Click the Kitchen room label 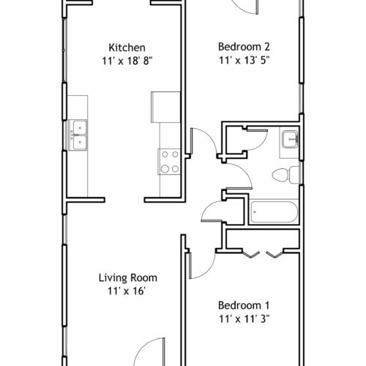[x=127, y=48]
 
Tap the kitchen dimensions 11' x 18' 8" [x=127, y=61]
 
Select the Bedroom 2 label [x=244, y=47]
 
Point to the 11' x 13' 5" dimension [x=244, y=60]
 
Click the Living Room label [x=128, y=278]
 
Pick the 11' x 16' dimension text [x=127, y=291]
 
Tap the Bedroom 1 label [x=244, y=305]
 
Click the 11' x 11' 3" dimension [x=244, y=318]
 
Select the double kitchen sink [x=78, y=135]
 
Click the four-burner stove [x=170, y=162]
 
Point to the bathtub [x=274, y=212]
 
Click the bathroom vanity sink [x=291, y=139]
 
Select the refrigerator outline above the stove [x=165, y=107]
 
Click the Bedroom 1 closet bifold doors [x=264, y=254]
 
